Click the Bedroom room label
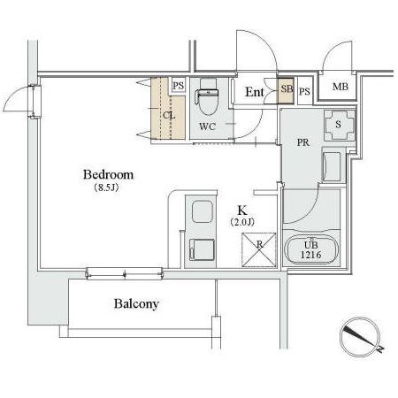[110, 174]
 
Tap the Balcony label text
[136, 304]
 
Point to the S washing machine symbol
[340, 124]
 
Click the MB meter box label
[340, 87]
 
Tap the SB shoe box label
[286, 88]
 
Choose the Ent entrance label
[255, 91]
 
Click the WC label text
[208, 126]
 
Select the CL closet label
[168, 113]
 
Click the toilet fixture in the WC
[206, 100]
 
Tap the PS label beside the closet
[178, 86]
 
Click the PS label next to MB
[304, 91]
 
